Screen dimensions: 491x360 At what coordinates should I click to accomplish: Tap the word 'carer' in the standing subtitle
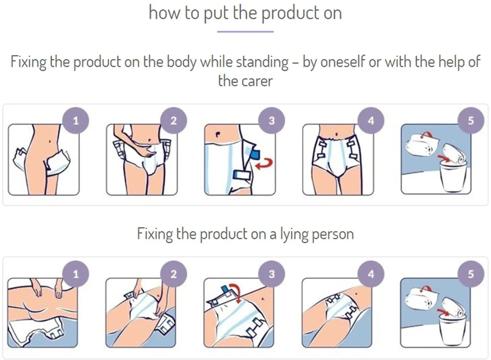[257, 81]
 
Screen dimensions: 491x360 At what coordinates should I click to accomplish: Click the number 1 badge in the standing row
[76, 120]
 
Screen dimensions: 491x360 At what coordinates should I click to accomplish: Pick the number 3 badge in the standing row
[272, 120]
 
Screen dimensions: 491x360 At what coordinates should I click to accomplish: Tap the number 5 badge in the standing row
[471, 120]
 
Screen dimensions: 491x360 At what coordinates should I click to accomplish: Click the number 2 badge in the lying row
[173, 274]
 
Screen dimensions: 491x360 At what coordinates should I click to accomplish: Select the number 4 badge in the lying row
[371, 274]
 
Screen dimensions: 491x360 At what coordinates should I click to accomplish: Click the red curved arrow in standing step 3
[266, 164]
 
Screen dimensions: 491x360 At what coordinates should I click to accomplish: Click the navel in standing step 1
[50, 141]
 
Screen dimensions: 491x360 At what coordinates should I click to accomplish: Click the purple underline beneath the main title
[245, 32]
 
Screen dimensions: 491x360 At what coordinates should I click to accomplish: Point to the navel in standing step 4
[337, 134]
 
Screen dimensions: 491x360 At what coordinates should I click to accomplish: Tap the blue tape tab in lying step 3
[224, 289]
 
